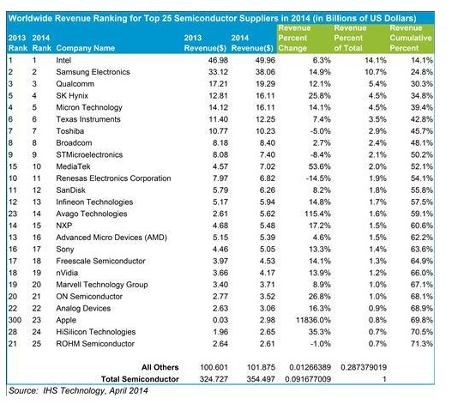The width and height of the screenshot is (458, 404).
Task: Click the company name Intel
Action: point(63,60)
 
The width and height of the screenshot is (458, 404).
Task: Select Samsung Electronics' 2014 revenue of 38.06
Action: point(265,72)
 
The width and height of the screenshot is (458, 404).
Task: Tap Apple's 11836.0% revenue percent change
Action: point(313,320)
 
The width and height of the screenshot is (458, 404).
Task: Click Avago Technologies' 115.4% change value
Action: point(317,214)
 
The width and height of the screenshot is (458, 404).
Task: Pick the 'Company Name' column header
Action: point(85,48)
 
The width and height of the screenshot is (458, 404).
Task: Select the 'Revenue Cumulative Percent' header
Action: point(410,38)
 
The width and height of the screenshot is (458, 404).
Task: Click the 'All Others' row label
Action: point(160,367)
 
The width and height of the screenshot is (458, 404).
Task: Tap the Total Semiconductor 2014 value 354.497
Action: point(261,379)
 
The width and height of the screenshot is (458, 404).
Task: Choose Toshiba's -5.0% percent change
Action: point(321,131)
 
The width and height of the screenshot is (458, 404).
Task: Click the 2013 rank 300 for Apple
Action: point(15,320)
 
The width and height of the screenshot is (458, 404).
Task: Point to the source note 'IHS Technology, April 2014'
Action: point(95,390)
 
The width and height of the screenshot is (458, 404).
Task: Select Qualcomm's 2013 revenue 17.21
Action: point(218,84)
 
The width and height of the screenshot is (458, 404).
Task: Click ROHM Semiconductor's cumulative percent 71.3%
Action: point(421,344)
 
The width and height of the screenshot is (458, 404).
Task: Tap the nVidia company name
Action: point(67,273)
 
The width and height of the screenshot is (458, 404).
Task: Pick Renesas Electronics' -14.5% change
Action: point(318,178)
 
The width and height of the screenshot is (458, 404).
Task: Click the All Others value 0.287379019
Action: point(364,367)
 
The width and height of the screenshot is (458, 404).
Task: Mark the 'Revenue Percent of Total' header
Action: point(350,38)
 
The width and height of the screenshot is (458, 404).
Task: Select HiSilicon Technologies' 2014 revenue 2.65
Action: point(268,332)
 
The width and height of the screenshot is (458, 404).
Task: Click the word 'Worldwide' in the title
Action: point(30,18)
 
